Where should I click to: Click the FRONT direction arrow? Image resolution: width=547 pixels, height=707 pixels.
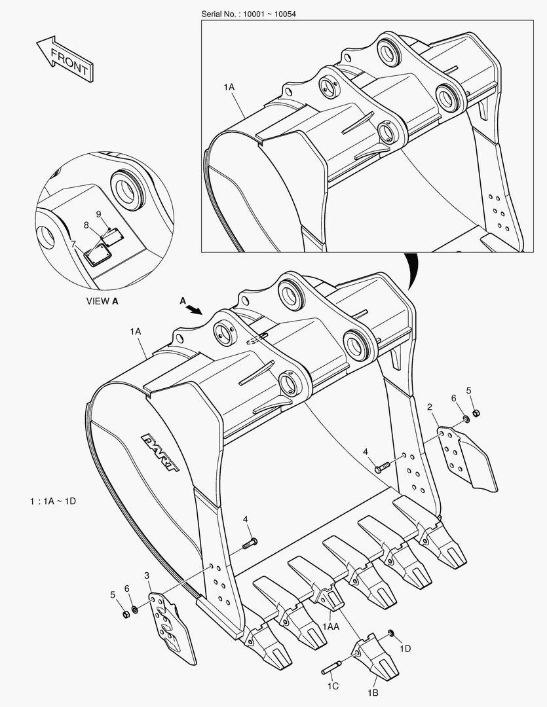click(x=64, y=59)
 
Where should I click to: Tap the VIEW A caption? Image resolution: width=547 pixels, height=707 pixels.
click(x=103, y=302)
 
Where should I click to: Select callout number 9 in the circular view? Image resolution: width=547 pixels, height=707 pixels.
click(x=98, y=214)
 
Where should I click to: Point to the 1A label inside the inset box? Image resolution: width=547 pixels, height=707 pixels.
click(x=229, y=86)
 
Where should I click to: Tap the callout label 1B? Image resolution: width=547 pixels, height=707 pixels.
click(x=373, y=693)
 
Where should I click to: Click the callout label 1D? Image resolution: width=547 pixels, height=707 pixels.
click(x=406, y=648)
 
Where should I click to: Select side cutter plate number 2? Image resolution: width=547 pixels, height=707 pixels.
click(x=467, y=458)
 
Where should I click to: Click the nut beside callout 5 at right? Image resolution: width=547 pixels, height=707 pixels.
click(x=476, y=412)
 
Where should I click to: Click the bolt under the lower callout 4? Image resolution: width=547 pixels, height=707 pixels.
click(x=250, y=542)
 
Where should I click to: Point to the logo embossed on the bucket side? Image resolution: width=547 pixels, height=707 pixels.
click(x=160, y=451)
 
